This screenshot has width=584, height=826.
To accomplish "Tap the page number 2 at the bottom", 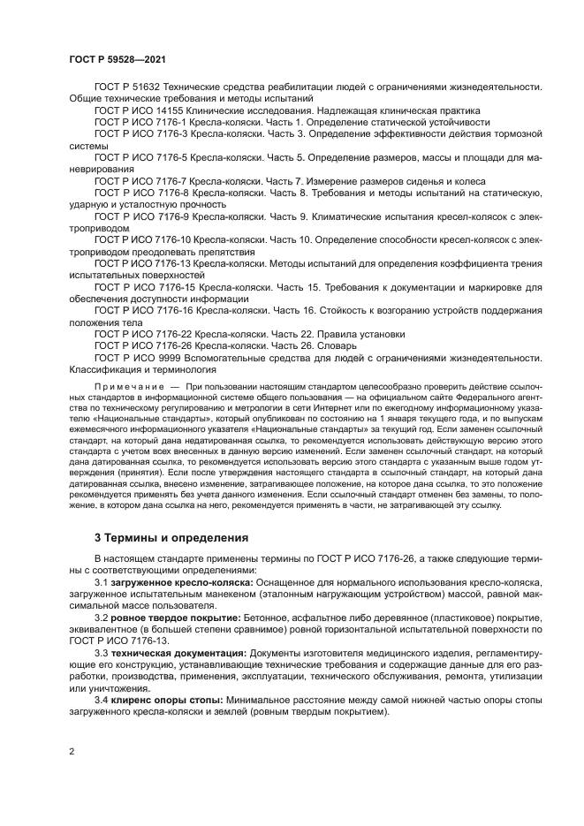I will point(71,752).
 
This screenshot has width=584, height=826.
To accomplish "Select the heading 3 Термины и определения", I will point(171,537).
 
